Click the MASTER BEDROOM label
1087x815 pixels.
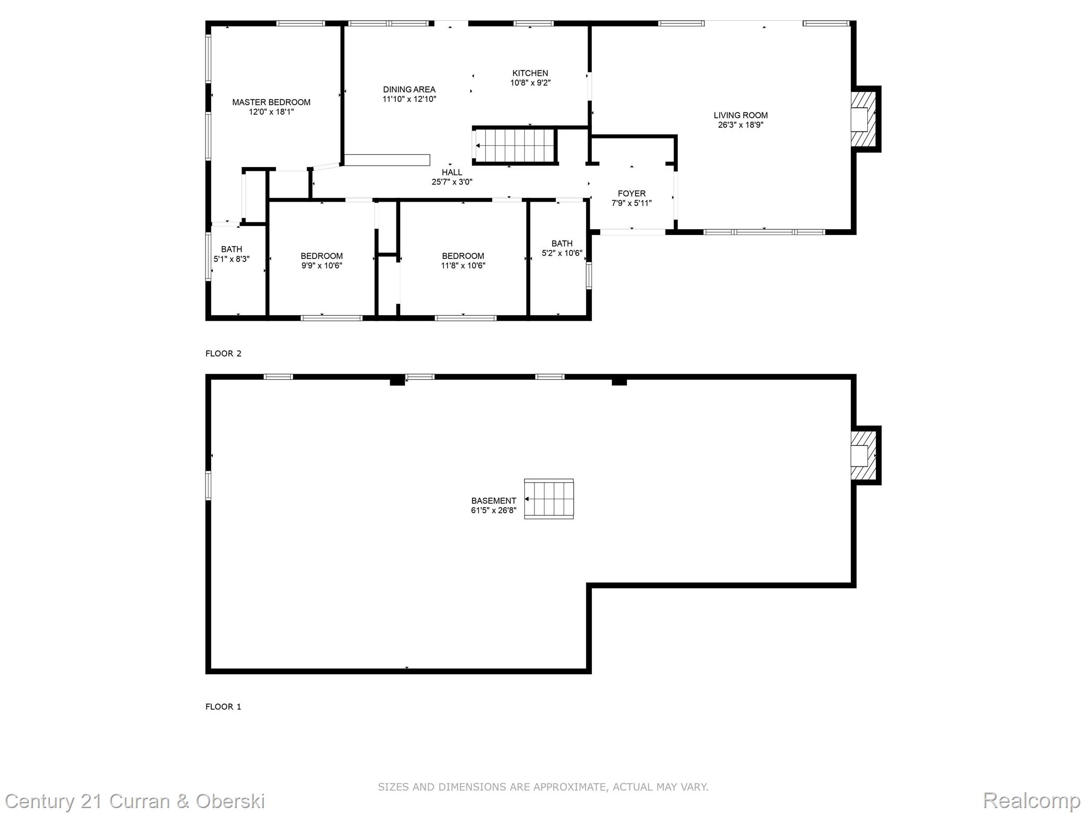271,102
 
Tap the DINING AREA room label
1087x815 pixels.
409,90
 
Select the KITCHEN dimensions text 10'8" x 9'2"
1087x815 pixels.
530,83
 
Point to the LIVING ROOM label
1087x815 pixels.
740,115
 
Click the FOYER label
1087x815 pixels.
632,194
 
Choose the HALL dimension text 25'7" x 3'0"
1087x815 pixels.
452,182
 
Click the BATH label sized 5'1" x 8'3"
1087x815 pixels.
231,249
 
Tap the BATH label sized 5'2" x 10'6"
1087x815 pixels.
562,244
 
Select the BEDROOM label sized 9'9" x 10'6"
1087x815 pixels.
322,256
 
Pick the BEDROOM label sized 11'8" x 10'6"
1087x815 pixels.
463,256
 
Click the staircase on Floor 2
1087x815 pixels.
515,145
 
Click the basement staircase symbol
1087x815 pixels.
549,499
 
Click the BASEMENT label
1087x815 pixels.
494,501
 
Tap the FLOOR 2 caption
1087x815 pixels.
223,353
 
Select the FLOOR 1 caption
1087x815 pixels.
223,707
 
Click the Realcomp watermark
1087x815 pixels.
1032,801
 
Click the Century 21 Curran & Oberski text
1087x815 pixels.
135,801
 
